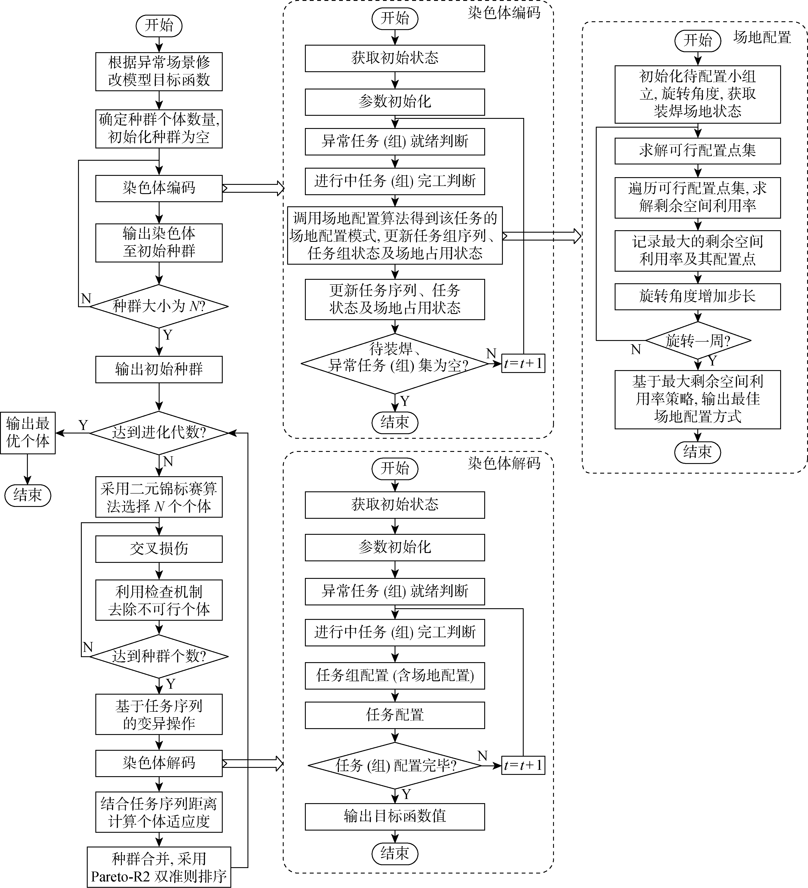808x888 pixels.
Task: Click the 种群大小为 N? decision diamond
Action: pyautogui.click(x=159, y=306)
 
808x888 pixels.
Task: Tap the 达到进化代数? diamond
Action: pyautogui.click(x=159, y=433)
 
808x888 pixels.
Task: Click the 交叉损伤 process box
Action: pyautogui.click(x=159, y=549)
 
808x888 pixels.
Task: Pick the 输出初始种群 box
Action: pyautogui.click(x=159, y=369)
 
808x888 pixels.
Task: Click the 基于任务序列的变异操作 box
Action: pyautogui.click(x=159, y=714)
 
